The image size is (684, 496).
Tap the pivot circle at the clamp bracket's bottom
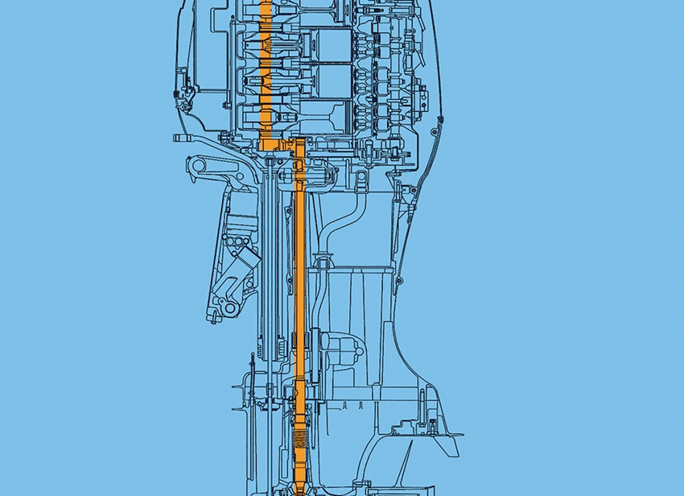[229, 308]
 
